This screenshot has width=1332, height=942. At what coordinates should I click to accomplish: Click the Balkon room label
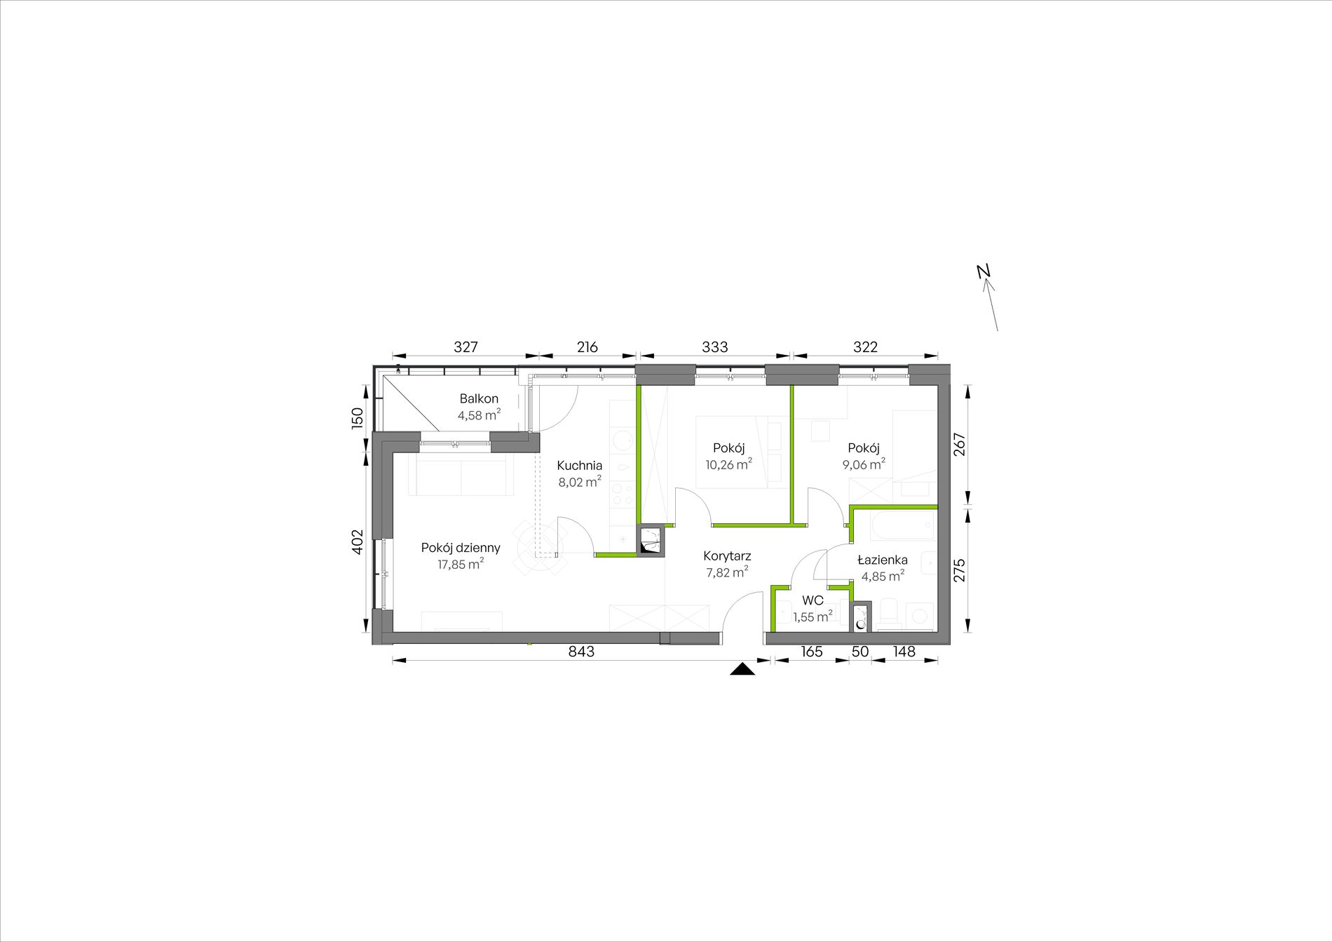click(479, 398)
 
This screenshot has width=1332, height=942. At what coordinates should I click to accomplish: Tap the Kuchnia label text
click(580, 465)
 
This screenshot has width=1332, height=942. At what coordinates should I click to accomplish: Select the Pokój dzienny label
click(461, 548)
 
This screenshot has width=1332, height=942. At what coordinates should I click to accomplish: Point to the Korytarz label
click(727, 556)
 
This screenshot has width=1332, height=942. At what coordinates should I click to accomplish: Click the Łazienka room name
click(883, 560)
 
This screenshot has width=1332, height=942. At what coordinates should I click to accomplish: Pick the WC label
click(813, 601)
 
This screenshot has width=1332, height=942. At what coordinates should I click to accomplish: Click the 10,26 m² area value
click(729, 464)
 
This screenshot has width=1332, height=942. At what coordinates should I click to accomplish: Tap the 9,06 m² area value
click(864, 464)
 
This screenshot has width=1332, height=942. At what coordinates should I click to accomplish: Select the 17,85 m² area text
click(461, 564)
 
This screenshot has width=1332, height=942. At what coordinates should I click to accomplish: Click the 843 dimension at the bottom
click(581, 652)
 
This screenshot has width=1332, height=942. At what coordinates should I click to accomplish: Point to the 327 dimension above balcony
click(465, 346)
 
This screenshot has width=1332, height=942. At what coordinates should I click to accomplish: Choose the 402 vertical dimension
click(358, 541)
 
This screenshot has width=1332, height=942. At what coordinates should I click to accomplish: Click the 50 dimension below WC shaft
click(860, 652)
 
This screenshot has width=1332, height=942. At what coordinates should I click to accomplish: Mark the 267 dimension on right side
click(960, 445)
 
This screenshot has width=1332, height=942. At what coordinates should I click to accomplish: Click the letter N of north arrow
click(984, 271)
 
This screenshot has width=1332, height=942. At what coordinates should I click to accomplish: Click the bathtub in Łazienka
click(902, 525)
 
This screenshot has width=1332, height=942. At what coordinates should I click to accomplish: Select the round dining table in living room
click(541, 546)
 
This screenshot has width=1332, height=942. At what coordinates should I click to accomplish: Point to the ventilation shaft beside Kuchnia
click(650, 541)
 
